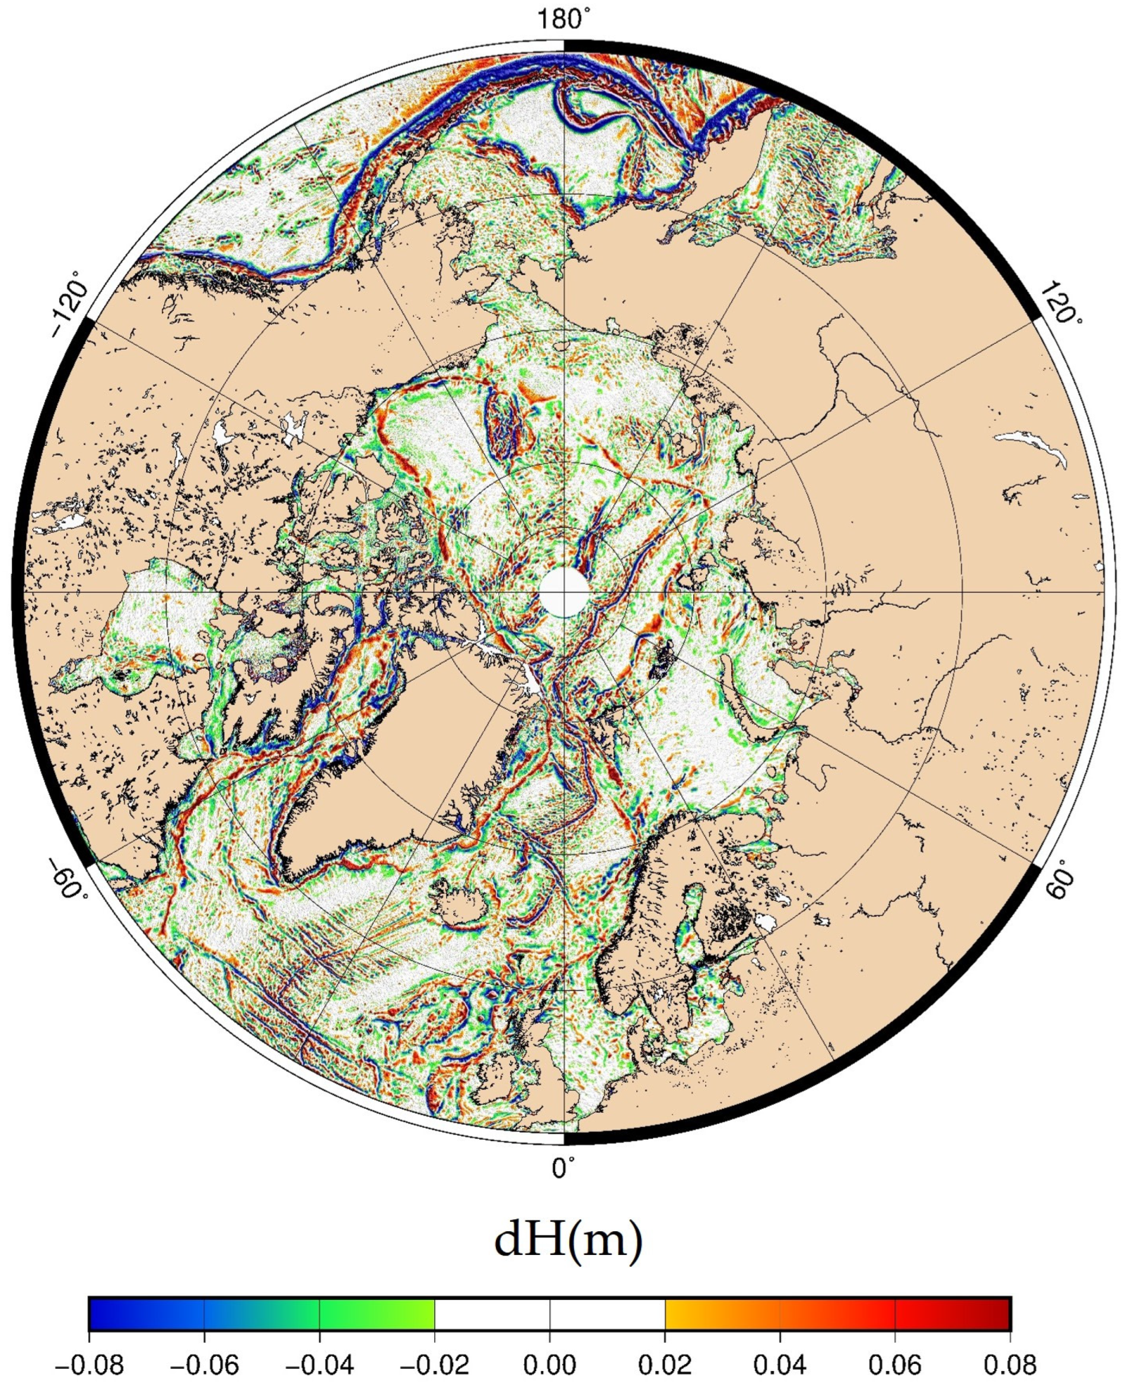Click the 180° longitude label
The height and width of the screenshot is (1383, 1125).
tap(560, 20)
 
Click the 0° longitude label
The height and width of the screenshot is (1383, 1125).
tap(561, 1168)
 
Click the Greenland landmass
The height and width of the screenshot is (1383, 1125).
tap(415, 745)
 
